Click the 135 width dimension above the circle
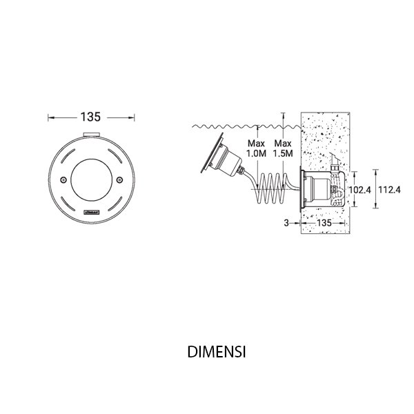coord(91,116)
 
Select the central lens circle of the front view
coord(91,177)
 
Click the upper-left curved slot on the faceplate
coord(67,155)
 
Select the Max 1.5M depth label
coord(282,150)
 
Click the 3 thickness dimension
coord(285,224)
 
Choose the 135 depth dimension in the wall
coord(324,224)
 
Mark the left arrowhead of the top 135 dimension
coord(50,116)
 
